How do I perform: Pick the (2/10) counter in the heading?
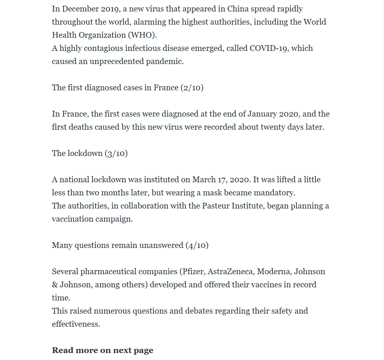[x=192, y=87]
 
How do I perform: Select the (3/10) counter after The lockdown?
[x=116, y=153]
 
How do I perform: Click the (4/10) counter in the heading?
[x=197, y=245]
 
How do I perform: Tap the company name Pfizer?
[x=194, y=271]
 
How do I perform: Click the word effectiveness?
[x=76, y=324]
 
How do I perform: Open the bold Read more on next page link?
[x=103, y=350]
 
